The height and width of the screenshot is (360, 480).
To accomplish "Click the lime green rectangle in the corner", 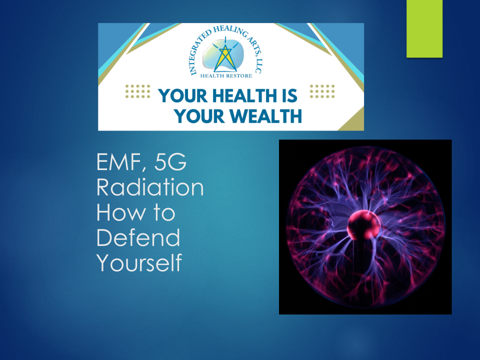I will pyautogui.click(x=424, y=28).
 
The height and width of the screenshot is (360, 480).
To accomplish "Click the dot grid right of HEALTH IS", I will pyautogui.click(x=322, y=91).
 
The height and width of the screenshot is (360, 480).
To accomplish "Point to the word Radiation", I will pyautogui.click(x=150, y=188).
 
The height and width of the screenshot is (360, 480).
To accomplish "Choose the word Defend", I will pyautogui.click(x=138, y=237).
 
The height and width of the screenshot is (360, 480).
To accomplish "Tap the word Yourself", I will pyautogui.click(x=139, y=262).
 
